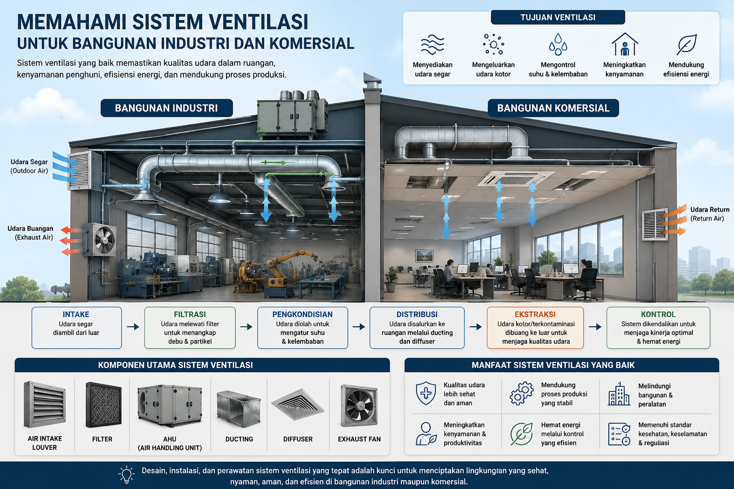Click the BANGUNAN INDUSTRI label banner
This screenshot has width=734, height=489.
click(x=166, y=108)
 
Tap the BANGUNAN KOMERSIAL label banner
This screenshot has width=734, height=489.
click(x=553, y=108)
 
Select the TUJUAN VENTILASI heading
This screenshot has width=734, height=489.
click(x=558, y=17)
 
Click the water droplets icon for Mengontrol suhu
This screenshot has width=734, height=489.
click(x=558, y=44)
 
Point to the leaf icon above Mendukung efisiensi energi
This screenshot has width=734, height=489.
click(x=687, y=44)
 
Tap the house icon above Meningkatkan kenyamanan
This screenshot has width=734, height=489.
click(x=625, y=44)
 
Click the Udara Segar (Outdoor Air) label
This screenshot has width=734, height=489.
click(x=29, y=166)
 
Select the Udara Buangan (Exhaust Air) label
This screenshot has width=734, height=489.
click(x=30, y=233)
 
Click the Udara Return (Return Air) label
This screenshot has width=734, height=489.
click(x=710, y=214)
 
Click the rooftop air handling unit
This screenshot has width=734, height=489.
click(x=292, y=115)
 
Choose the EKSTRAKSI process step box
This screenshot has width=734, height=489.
click(x=535, y=328)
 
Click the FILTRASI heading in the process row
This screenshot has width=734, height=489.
click(x=190, y=314)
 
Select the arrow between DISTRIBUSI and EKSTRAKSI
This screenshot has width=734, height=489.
click(x=475, y=327)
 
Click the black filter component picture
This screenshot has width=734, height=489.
click(x=104, y=405)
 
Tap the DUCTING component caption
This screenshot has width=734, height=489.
click(x=239, y=439)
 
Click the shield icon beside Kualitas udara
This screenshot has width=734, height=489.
click(x=426, y=393)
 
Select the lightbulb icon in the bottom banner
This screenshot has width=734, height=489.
click(x=127, y=475)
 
